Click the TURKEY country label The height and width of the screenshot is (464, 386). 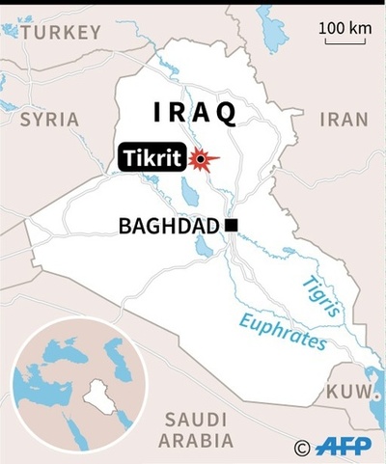click(60, 33)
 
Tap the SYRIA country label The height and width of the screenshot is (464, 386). click(49, 120)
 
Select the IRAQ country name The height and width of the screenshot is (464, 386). click(195, 113)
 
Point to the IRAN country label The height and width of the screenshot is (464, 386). click(344, 120)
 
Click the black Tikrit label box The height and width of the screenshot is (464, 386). click(151, 157)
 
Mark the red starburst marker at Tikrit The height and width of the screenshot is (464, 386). click(202, 159)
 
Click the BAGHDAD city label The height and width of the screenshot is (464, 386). click(168, 226)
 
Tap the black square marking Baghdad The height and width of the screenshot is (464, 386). click(231, 226)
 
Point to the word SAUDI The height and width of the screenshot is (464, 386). click(195, 420)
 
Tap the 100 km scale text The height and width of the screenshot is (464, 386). click(345, 28)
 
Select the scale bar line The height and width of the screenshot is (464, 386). click(345, 42)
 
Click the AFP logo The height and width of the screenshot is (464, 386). click(345, 447)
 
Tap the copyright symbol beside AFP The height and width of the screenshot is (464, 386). click(302, 448)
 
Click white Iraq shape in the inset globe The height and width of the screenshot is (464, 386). click(96, 394)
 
